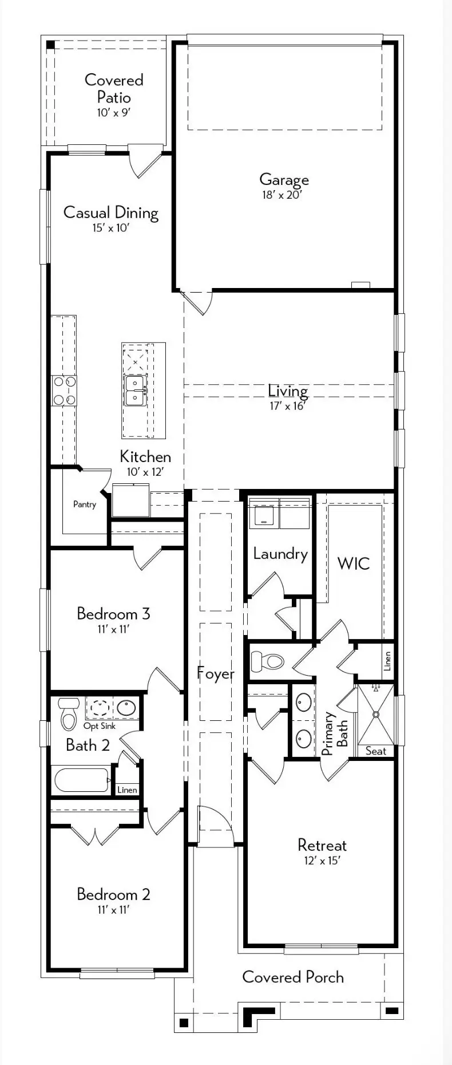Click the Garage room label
284,180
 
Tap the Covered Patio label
114,88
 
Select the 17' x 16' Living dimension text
288,406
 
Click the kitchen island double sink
136,391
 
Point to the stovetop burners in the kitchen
64,391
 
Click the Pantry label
85,504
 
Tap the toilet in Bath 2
69,713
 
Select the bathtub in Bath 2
82,780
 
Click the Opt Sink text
100,726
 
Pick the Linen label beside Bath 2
127,790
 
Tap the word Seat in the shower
376,751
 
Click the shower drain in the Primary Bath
376,715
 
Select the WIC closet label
354,563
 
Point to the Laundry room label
280,554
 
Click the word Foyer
216,674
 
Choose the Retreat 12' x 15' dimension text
322,861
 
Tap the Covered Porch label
293,977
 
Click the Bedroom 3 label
113,614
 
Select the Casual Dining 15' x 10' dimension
111,228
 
